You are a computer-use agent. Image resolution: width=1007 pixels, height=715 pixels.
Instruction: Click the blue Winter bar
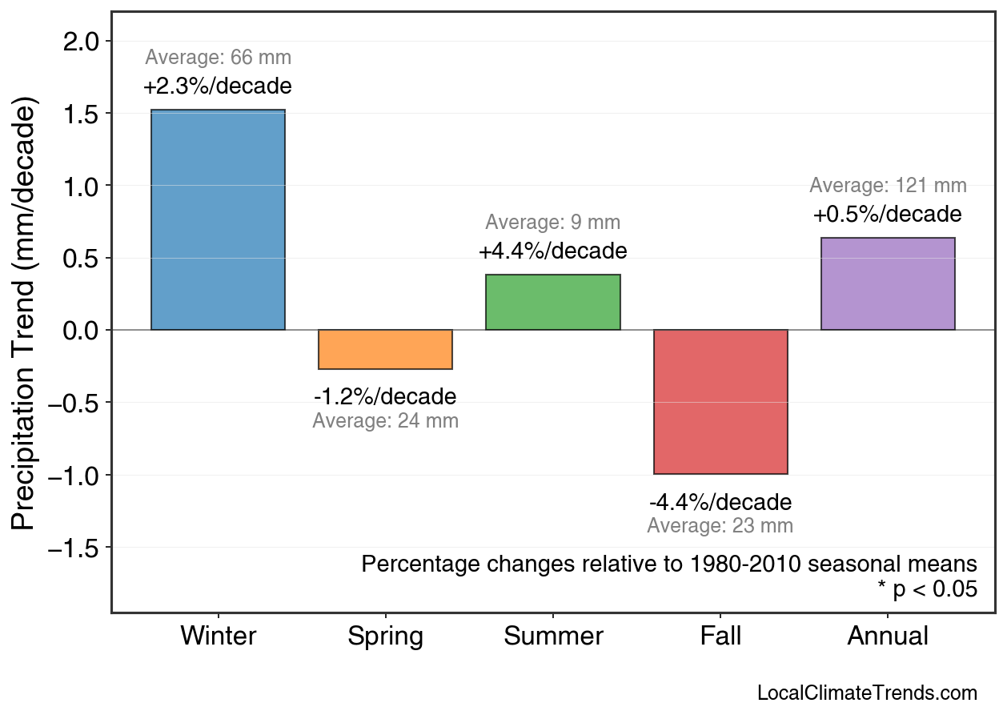tap(218, 220)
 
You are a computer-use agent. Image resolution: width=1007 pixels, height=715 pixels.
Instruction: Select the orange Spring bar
tap(385, 350)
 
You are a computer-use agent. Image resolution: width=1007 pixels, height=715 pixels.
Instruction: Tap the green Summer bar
tap(552, 303)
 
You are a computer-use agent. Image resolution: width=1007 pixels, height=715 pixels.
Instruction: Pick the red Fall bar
tap(720, 402)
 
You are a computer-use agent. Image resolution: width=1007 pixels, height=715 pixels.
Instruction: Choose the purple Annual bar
tap(888, 284)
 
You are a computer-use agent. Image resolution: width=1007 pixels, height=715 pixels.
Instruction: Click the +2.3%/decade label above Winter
tap(218, 86)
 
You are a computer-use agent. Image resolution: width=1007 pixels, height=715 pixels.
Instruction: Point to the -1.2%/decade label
tap(385, 397)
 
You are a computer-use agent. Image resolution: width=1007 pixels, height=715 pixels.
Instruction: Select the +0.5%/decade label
tap(888, 215)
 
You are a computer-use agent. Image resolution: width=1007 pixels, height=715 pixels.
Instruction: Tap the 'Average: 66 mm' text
tap(218, 58)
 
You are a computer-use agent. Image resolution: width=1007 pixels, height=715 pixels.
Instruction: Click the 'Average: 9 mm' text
tap(552, 223)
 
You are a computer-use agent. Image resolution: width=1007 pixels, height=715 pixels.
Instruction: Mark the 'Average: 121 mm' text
tap(888, 186)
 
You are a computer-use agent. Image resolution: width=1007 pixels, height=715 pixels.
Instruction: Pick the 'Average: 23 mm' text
tap(720, 526)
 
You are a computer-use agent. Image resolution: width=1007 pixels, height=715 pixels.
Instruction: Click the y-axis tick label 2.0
tap(82, 42)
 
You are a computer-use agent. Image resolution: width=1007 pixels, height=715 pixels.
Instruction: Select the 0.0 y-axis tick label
tap(82, 331)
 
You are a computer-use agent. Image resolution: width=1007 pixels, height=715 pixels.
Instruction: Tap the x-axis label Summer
tap(553, 637)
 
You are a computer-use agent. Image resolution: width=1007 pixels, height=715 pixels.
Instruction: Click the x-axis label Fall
tap(720, 637)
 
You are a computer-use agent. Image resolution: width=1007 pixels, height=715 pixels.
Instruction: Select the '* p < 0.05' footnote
tap(927, 590)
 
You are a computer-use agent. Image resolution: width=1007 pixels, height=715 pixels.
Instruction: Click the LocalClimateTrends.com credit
tap(867, 693)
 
